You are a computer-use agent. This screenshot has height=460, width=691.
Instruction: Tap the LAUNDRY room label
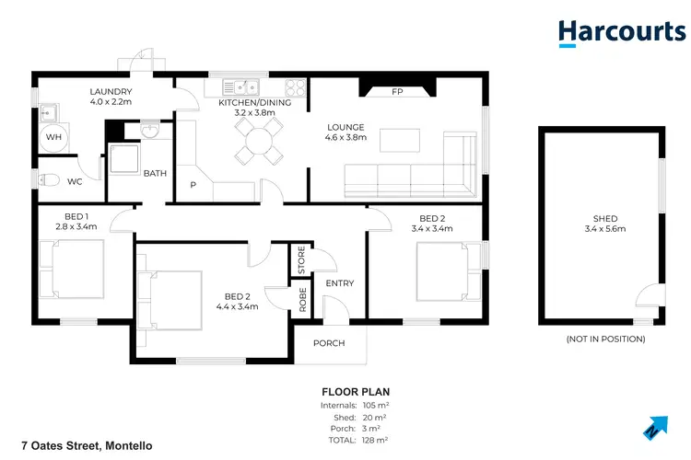[111, 92]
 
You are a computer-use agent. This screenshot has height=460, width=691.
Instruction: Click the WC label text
[75, 181]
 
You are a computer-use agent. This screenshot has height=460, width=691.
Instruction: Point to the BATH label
[155, 173]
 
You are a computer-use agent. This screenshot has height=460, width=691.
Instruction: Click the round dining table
[255, 141]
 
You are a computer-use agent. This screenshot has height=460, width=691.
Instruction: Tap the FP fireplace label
[397, 92]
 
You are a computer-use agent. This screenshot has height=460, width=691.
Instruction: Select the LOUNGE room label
[346, 127]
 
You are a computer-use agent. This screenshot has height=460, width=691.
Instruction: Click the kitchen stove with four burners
[296, 88]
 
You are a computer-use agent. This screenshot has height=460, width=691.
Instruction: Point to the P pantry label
[193, 185]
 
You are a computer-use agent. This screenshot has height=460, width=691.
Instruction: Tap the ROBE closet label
[301, 299]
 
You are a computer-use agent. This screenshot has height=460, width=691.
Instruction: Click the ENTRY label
[339, 283]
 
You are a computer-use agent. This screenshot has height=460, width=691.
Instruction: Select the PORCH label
[329, 343]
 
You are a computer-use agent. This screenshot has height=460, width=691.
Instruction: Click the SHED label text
[604, 218]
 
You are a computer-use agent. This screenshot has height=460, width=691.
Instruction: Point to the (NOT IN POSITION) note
[604, 339]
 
